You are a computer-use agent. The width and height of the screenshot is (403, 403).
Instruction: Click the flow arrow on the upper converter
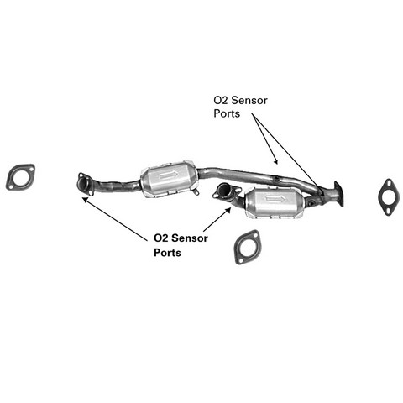pyautogui.click(x=168, y=175)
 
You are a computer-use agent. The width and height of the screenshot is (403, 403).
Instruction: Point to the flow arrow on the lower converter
pyautogui.click(x=275, y=199)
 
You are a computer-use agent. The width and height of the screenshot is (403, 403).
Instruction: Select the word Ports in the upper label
pyautogui.click(x=227, y=113)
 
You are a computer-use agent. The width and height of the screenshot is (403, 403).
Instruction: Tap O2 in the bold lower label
pyautogui.click(x=161, y=238)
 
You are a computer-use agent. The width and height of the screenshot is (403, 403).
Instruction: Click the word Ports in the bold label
pyautogui.click(x=167, y=253)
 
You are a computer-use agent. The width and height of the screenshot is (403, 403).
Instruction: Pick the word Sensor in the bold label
pyautogui.click(x=190, y=238)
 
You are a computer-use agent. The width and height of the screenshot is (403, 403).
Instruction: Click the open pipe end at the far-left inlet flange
pyautogui.click(x=84, y=184)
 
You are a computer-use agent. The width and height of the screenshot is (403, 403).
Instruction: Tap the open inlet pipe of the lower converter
pyautogui.click(x=225, y=191)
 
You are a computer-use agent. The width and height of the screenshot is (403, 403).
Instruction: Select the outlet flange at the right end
pyautogui.click(x=338, y=194)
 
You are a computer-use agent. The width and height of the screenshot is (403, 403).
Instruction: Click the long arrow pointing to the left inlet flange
pyautogui.click(x=115, y=219)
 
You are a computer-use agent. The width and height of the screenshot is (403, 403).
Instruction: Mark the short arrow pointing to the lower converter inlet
pyautogui.click(x=217, y=219)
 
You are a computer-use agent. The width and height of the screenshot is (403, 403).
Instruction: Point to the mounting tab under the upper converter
pyautogui.click(x=196, y=191)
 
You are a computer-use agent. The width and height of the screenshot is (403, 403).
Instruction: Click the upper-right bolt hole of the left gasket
pyautogui.click(x=30, y=170)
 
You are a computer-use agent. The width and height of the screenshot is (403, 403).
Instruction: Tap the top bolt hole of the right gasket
pyautogui.click(x=389, y=183)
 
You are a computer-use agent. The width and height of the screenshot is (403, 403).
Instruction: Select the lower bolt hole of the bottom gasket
pyautogui.click(x=240, y=259)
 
